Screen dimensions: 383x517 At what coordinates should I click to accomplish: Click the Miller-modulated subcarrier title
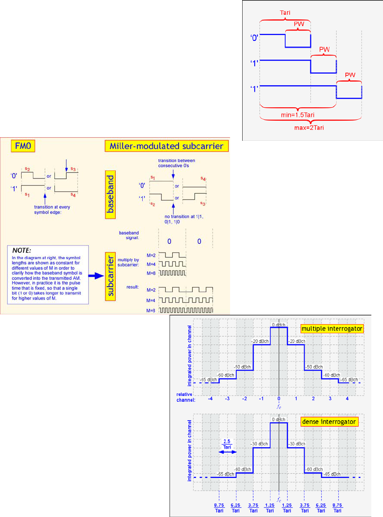(166, 146)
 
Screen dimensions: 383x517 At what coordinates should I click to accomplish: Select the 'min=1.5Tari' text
(298, 115)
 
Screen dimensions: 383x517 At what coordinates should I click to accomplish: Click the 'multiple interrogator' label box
(332, 329)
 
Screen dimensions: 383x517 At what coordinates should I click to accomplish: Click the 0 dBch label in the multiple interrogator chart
(279, 324)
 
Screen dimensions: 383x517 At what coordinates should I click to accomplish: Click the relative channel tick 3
(330, 399)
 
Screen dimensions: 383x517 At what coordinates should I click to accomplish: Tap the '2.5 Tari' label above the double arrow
(227, 443)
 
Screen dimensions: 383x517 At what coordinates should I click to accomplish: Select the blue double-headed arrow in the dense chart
(227, 452)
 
